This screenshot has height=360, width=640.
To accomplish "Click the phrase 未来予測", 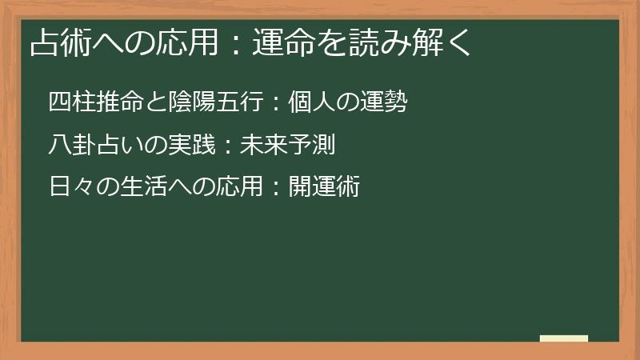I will click(x=282, y=146).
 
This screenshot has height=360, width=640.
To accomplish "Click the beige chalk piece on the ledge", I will click(x=563, y=338).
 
